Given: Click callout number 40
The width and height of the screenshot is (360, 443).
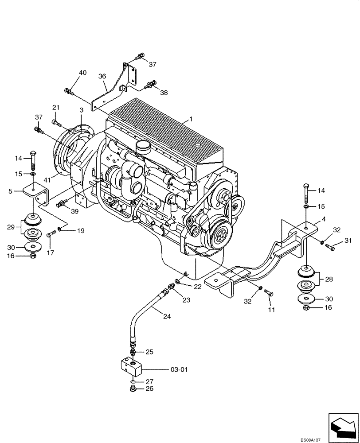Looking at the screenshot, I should tap(83, 72).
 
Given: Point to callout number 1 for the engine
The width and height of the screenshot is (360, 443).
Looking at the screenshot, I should tap(191, 119).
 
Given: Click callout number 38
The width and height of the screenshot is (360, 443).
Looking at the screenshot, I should tap(164, 93).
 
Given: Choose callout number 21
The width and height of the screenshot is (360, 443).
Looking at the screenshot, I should tap(56, 107).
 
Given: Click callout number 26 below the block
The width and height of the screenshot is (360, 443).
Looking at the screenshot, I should tap(149, 389).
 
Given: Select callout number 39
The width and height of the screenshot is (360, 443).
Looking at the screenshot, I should tap(74, 211).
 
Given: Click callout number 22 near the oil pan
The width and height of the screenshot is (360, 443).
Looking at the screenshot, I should tap(197, 287).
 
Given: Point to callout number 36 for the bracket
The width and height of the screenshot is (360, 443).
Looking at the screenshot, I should tap(102, 76).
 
